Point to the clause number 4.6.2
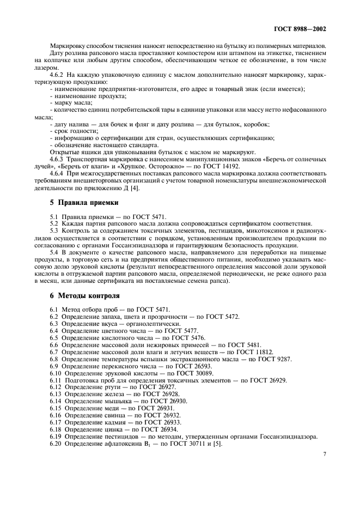[x=57, y=73]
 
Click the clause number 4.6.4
[x=57, y=174]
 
